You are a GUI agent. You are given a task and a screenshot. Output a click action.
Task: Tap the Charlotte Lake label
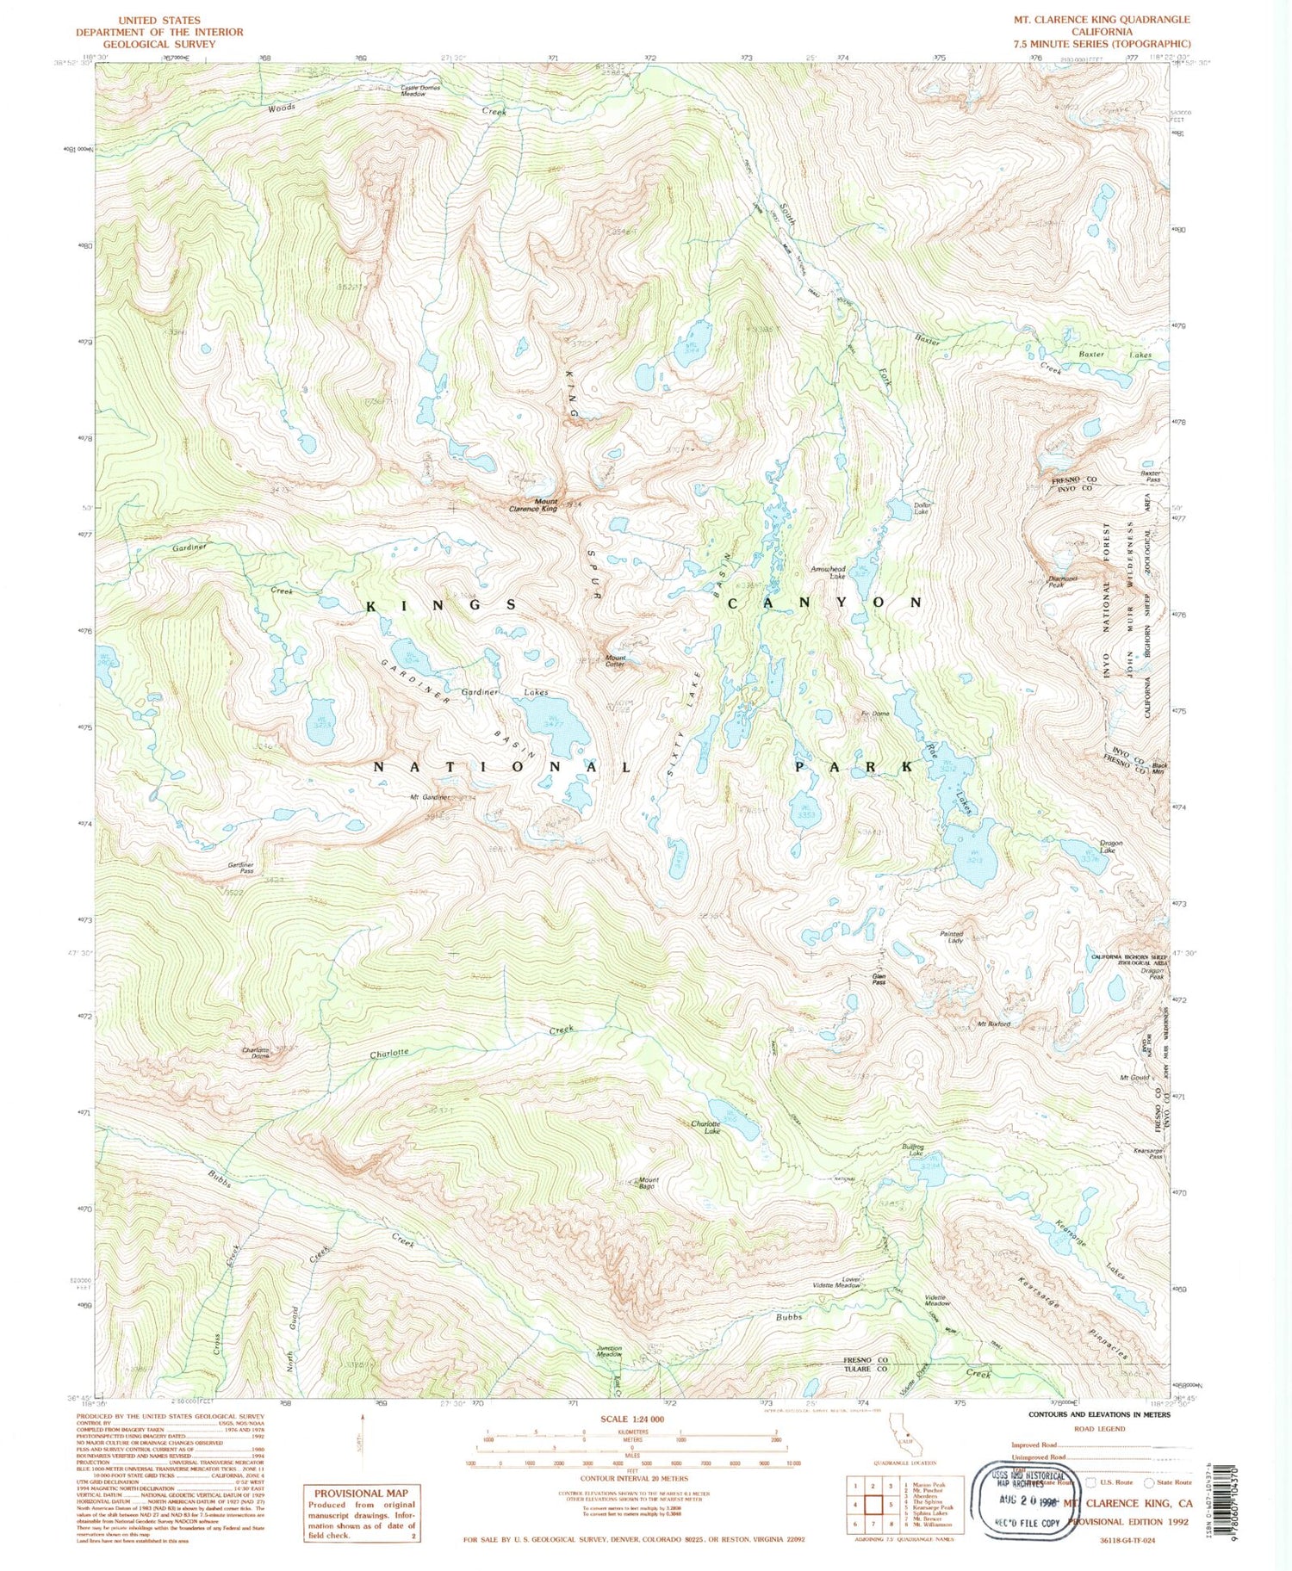[706, 1127]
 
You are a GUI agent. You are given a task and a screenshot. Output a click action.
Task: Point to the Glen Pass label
[879, 979]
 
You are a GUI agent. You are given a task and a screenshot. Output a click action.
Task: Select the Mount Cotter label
[614, 661]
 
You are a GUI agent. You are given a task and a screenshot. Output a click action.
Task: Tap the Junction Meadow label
[609, 1351]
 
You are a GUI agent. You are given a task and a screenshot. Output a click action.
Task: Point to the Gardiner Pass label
[240, 868]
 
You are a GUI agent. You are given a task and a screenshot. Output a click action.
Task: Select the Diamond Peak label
[1062, 582]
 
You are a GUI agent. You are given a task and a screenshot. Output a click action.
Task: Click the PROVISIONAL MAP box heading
[361, 1494]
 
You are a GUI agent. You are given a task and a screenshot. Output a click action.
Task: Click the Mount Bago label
[647, 1184]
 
